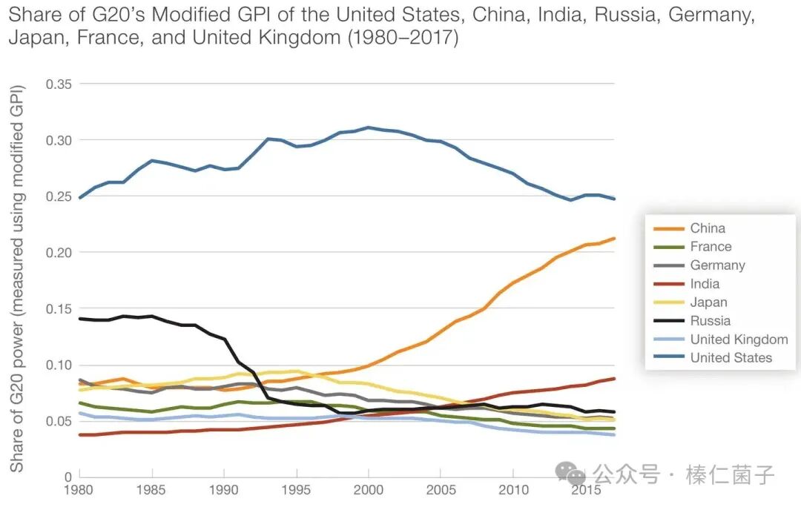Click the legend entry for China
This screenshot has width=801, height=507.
[707, 228]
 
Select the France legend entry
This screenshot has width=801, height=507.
[710, 247]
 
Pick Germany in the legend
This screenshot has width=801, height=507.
[716, 265]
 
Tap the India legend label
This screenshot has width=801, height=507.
[704, 284]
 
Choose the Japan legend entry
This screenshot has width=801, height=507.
[708, 302]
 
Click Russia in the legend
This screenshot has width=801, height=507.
[710, 321]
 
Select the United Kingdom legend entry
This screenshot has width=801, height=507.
[738, 339]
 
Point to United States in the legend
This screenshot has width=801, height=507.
[731, 358]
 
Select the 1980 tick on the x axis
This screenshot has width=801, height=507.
[79, 491]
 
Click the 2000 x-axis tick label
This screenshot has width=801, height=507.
[368, 491]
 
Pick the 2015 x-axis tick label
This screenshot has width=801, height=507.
[584, 491]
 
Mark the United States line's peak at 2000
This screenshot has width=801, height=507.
[368, 127]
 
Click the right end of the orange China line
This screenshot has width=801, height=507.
[614, 239]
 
